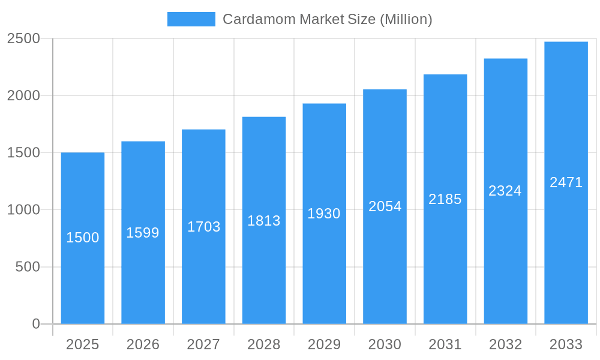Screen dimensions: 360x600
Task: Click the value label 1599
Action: pos(143,233)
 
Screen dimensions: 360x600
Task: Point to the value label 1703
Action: pos(204,227)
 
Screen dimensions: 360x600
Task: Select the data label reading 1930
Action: pos(324,214)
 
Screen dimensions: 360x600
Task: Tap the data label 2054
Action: pos(385,206)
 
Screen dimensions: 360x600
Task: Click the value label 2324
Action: pos(505,191)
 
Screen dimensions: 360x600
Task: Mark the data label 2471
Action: pos(566,182)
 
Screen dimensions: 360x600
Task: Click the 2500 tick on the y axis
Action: pos(23,39)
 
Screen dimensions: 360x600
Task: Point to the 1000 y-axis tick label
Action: pos(23,210)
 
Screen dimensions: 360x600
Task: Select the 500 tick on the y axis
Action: pos(28,267)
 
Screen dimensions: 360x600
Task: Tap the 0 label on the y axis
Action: pos(36,324)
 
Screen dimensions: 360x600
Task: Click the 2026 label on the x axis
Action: pos(143,344)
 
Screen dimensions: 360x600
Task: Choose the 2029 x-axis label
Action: pos(324,344)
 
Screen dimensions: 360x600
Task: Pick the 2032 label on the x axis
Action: pos(505,344)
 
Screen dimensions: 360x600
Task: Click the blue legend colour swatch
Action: pos(191,19)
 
